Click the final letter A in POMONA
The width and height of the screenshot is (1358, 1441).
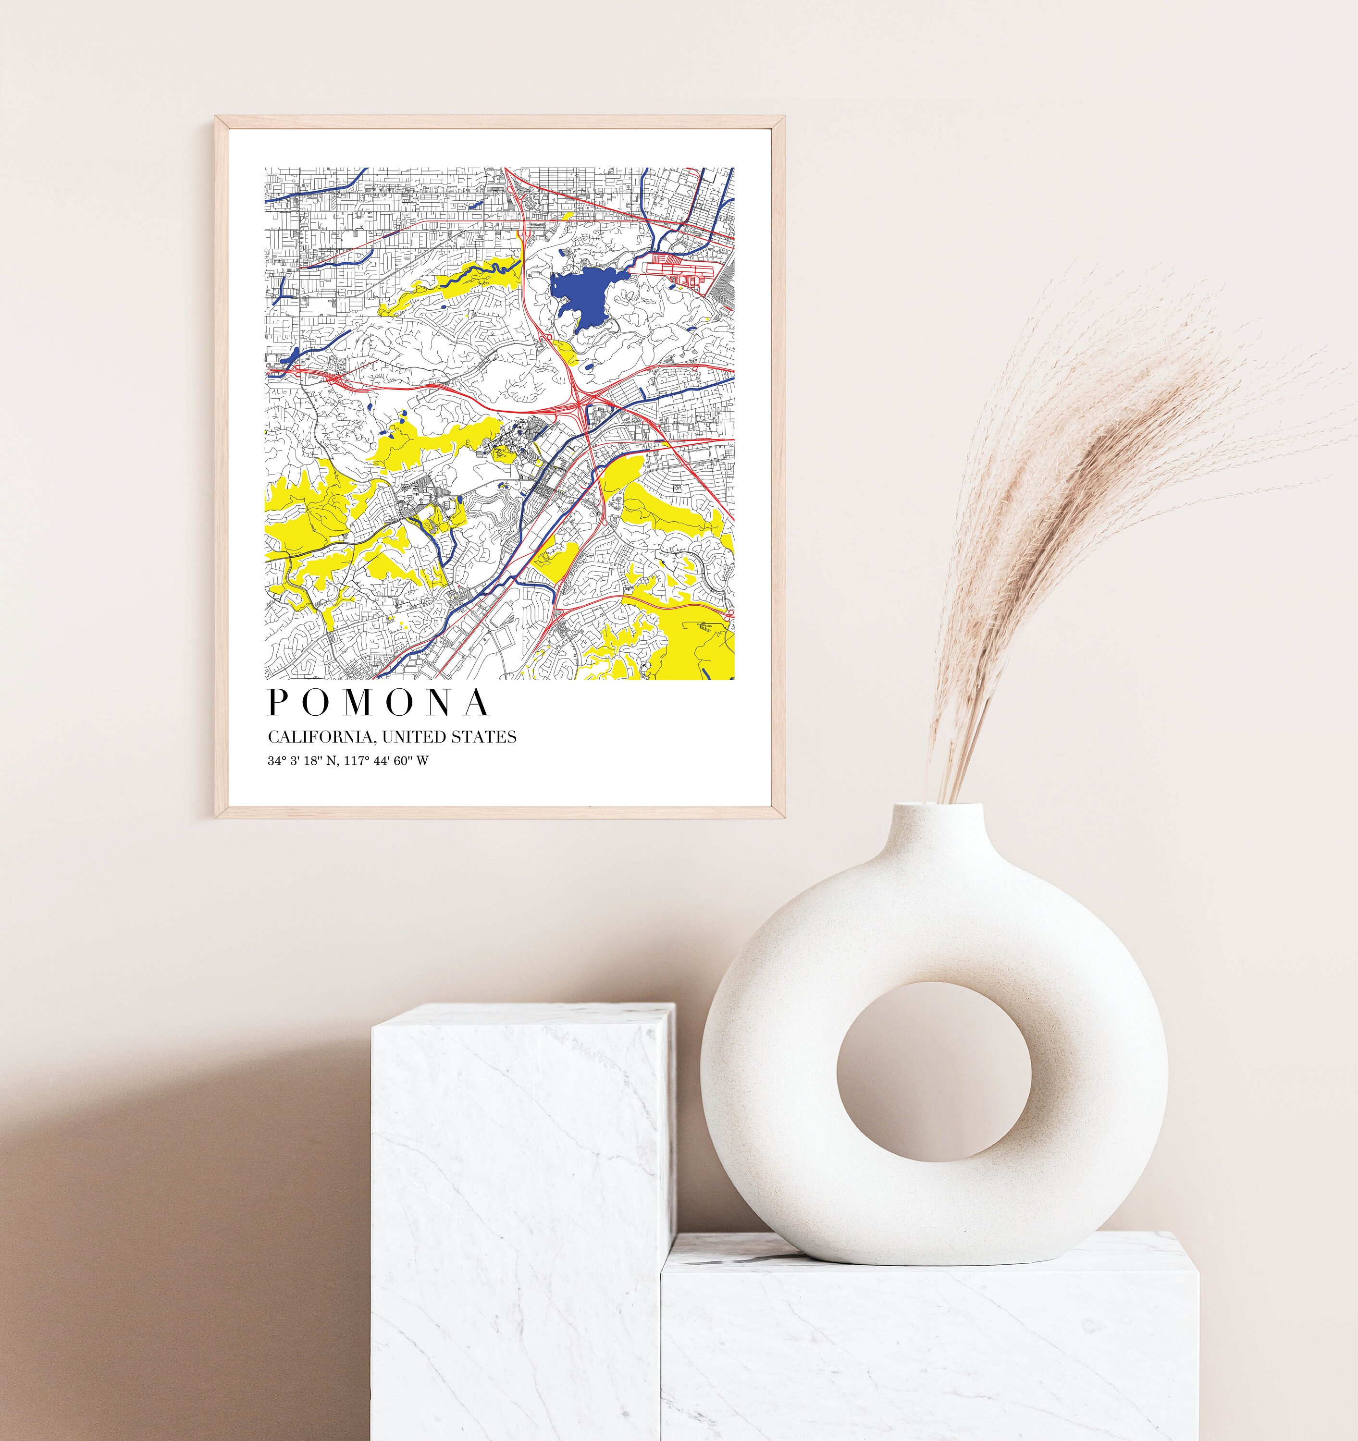click(476, 702)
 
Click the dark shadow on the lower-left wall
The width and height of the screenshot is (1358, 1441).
click(145, 1269)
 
